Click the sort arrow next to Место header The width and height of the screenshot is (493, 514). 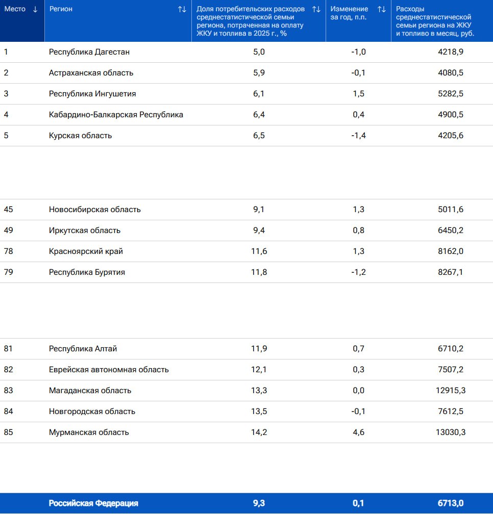point(35,9)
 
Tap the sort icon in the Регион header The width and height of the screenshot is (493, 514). point(182,9)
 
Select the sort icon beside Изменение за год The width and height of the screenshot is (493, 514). point(381,9)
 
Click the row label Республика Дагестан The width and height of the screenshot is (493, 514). point(89,52)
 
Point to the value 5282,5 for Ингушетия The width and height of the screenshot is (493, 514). point(451,94)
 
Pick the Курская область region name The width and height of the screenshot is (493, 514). point(80,136)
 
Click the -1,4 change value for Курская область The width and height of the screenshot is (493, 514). point(358,136)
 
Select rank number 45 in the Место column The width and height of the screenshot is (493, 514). point(9,209)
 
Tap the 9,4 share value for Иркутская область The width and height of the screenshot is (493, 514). point(259,230)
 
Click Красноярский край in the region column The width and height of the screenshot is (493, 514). point(86,251)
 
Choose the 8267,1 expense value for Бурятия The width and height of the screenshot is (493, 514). point(451,272)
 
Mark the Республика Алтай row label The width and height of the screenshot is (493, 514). point(83,348)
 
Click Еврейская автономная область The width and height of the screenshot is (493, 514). point(109,369)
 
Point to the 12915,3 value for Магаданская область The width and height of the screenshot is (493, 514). point(451,391)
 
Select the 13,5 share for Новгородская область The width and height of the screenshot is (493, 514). point(259,411)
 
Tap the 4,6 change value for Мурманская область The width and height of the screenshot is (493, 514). point(358,432)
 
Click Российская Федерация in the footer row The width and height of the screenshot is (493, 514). point(93,503)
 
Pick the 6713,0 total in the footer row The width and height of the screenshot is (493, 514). point(451,503)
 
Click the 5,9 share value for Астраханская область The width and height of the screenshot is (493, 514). point(259,73)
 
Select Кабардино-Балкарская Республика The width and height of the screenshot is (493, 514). point(116,115)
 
